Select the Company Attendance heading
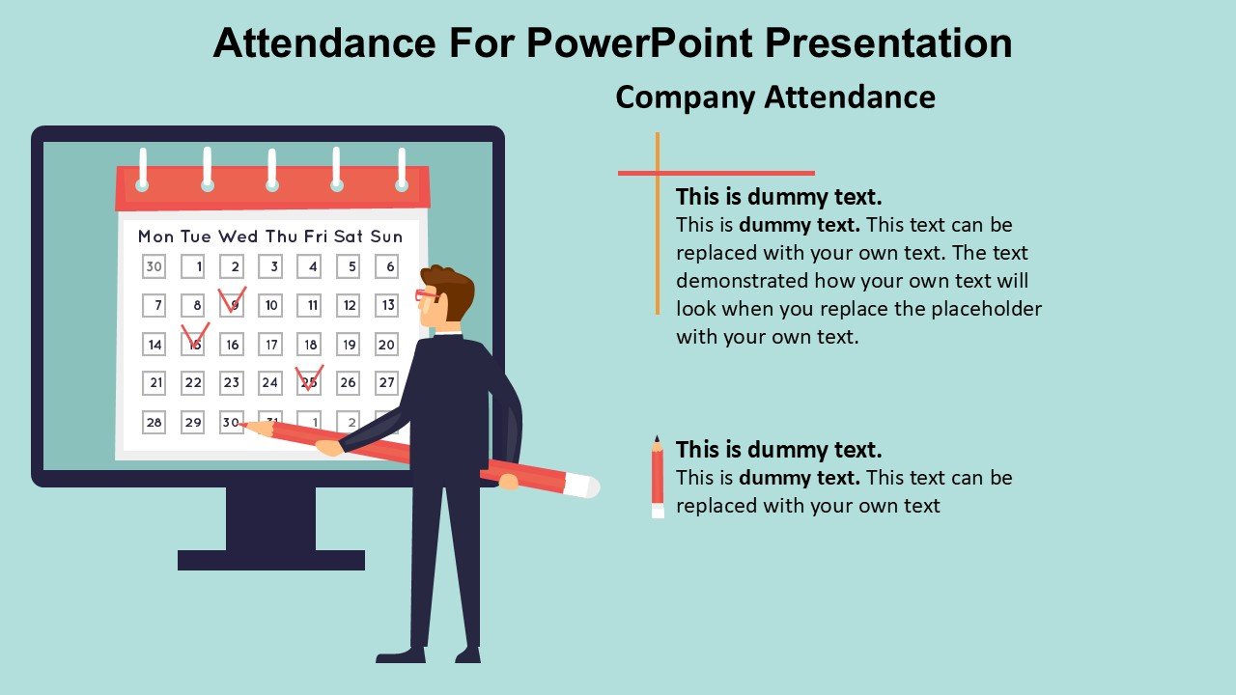coord(774,97)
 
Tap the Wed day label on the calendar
coord(238,236)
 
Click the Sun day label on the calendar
coord(386,236)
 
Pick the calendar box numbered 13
coord(387,305)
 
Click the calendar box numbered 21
coord(155,382)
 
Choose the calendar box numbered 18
coord(310,344)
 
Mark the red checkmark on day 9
coord(232,299)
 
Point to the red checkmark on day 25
coord(309,377)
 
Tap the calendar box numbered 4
coord(310,266)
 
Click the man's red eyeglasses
coord(425,295)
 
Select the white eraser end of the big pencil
coord(581,486)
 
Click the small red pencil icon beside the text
coord(658,477)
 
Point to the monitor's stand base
coord(270,560)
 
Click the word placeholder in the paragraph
coord(987,309)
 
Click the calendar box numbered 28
coord(154,422)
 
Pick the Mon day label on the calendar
coord(156,236)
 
